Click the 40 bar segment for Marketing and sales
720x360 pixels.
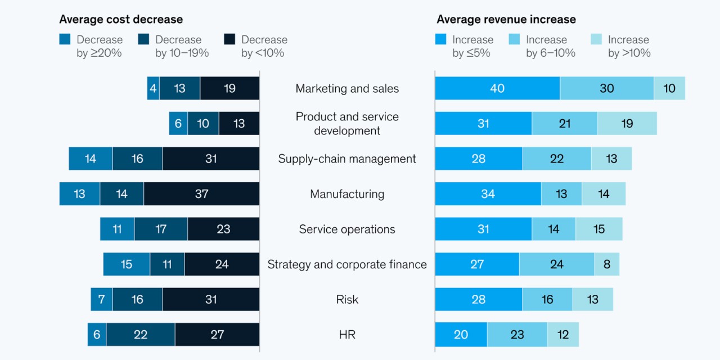[x=497, y=88]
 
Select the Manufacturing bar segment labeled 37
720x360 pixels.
[x=201, y=194]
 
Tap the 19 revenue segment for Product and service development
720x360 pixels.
[x=627, y=124]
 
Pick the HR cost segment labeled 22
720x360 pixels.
[x=141, y=335]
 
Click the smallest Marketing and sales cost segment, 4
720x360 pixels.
[x=153, y=88]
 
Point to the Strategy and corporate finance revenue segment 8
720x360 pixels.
[x=607, y=264]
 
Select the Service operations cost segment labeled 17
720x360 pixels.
[x=161, y=229]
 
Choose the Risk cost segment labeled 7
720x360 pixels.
[x=102, y=299]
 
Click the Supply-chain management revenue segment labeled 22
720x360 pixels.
[x=557, y=159]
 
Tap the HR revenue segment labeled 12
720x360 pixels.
[x=563, y=335]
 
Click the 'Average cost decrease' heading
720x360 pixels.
[x=121, y=19]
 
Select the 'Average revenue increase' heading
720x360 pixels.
[x=506, y=19]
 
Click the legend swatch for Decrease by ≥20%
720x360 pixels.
[x=65, y=39]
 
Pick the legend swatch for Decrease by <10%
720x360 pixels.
[x=229, y=39]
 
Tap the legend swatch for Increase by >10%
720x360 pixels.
[x=596, y=39]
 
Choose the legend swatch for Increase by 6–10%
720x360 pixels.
[x=514, y=39]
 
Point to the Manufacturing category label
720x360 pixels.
[x=347, y=194]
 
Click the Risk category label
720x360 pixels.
[x=347, y=299]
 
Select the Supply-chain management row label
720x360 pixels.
[x=347, y=159]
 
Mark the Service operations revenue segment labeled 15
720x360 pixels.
[x=599, y=229]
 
